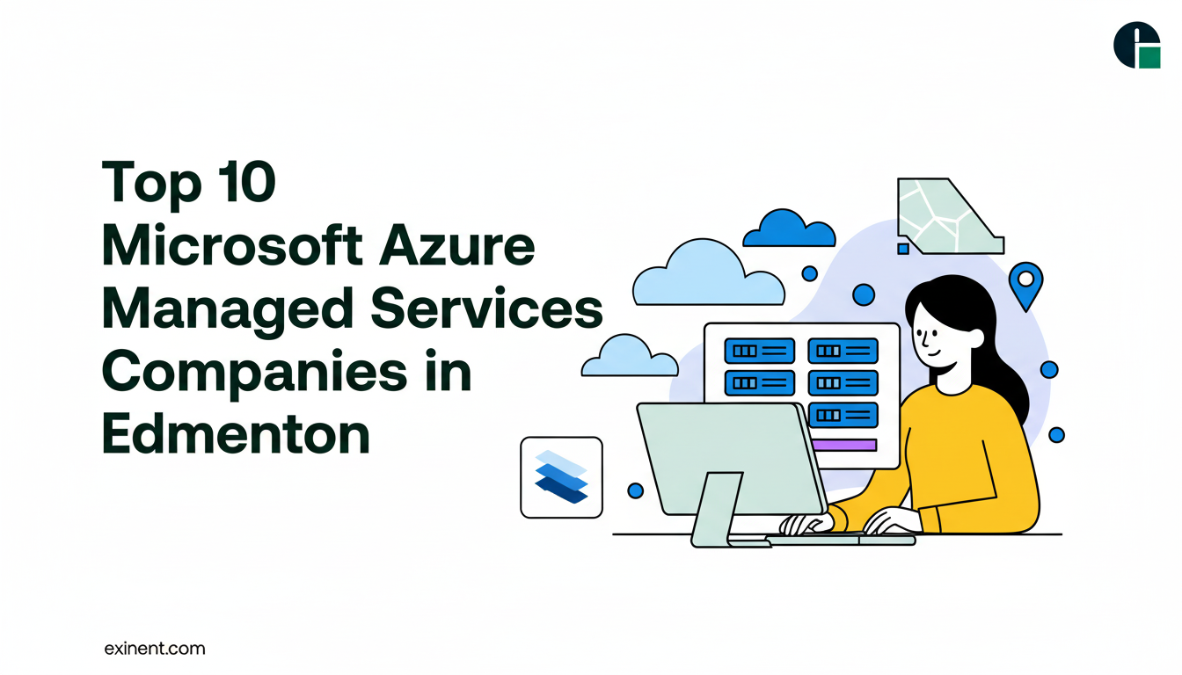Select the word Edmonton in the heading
click(x=236, y=433)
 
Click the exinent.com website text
click(x=154, y=650)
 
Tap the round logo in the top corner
click(x=1136, y=45)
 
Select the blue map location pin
click(x=1025, y=284)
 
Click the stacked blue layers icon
click(x=561, y=477)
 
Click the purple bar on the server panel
click(x=845, y=445)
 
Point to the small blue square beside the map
click(x=902, y=249)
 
